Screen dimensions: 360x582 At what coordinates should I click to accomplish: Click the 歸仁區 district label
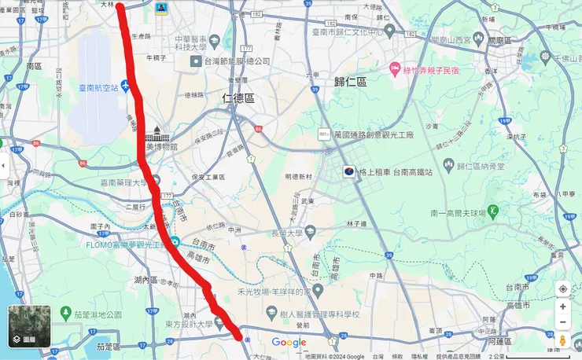[351, 82]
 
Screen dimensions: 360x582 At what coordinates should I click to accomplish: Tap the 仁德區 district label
[238, 98]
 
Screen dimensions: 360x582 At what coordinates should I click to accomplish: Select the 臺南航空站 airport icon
[126, 86]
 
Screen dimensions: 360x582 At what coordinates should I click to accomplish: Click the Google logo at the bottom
[289, 342]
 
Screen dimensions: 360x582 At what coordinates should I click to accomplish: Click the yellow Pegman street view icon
[562, 340]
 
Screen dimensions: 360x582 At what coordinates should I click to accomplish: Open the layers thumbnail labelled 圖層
[29, 326]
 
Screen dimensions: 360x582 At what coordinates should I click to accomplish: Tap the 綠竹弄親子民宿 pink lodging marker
[396, 70]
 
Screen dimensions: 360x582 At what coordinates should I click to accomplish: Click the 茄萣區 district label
[107, 346]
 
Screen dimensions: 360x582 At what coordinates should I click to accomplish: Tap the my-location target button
[562, 288]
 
